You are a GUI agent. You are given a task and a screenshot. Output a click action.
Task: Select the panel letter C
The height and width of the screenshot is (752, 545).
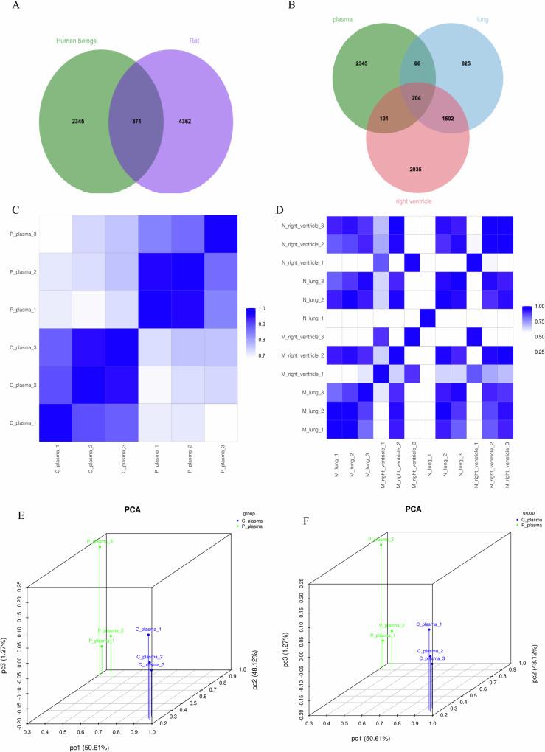click(15, 209)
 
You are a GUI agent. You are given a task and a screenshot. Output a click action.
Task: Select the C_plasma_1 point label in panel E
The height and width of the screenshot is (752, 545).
click(149, 629)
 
